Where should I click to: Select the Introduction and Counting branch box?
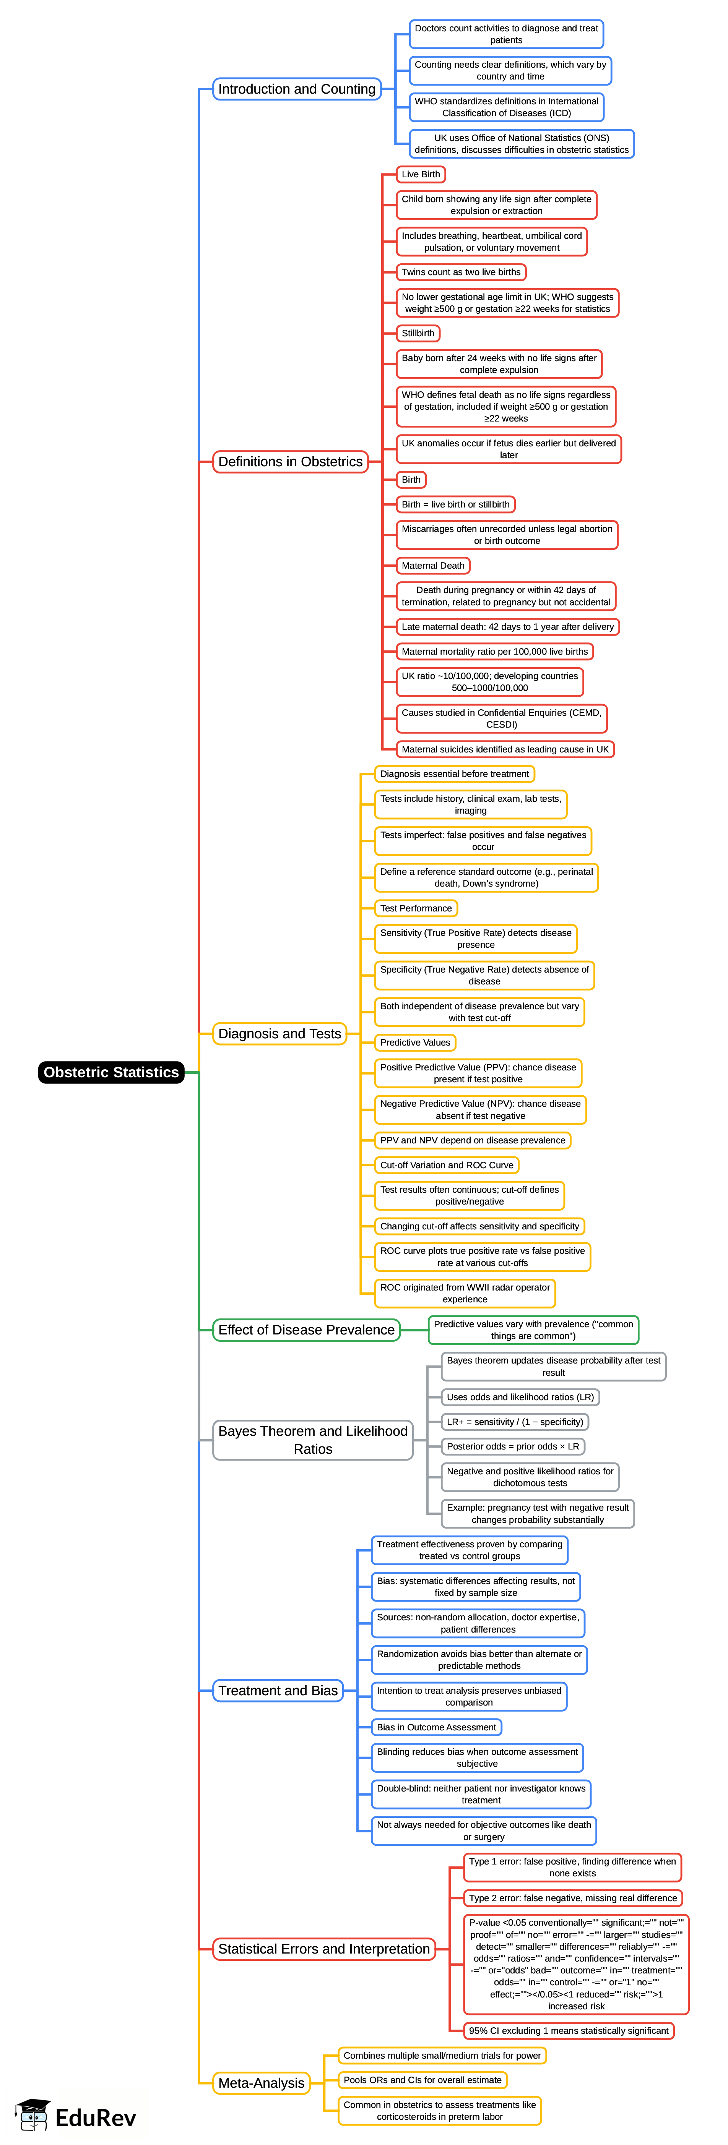pos(297,89)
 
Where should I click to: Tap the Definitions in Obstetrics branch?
pos(290,461)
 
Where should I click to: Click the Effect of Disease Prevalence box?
pos(306,1330)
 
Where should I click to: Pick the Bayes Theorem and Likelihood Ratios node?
pos(312,1440)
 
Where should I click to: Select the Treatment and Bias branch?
pos(277,1690)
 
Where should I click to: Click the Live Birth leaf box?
pos(421,174)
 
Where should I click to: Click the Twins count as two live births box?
pos(461,272)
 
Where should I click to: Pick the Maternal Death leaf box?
pos(432,566)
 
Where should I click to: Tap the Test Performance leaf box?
pos(416,908)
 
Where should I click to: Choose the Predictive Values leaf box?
pos(415,1043)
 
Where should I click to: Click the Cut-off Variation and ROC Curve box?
pos(447,1165)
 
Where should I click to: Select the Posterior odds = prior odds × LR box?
pos(512,1446)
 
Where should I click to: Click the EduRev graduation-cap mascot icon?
pos(32,2115)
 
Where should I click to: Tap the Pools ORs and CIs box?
pos(422,2080)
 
